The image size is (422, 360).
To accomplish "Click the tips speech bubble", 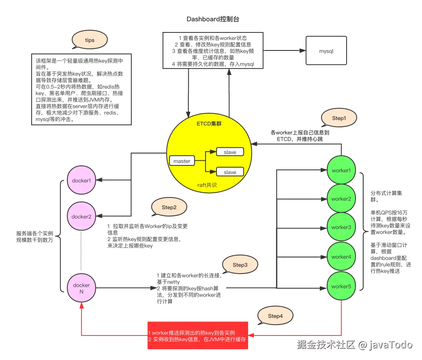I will point(89,40).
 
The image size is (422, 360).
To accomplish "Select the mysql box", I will point(326,51).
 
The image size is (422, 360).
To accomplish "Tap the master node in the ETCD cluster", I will point(182,161).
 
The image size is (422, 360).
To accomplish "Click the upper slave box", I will point(230,152).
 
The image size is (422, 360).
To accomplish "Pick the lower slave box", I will point(230,172).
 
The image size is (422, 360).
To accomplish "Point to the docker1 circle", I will point(81,181).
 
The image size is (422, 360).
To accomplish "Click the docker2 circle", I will point(81,216).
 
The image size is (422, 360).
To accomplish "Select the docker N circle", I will point(81,288).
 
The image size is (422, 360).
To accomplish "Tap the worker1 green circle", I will point(341,170).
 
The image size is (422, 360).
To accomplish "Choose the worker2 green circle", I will point(341,199).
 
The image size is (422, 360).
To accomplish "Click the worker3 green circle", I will point(341,227).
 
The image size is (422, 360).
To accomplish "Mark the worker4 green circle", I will point(341,257).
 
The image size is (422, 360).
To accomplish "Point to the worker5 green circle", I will point(341,287).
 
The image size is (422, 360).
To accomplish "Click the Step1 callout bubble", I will point(339,118).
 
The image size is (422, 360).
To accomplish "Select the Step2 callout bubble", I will point(169,208).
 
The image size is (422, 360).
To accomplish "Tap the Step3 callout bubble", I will point(240,265).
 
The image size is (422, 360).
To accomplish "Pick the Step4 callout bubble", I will point(275,316).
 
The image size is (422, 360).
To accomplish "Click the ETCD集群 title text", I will point(209,124).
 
